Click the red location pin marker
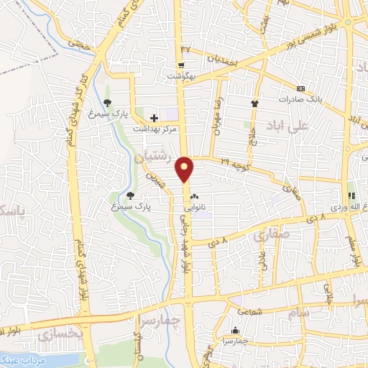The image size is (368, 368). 185,170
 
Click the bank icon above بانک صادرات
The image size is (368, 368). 300,88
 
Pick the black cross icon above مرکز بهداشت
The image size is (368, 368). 153,117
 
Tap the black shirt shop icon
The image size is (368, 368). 254,103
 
